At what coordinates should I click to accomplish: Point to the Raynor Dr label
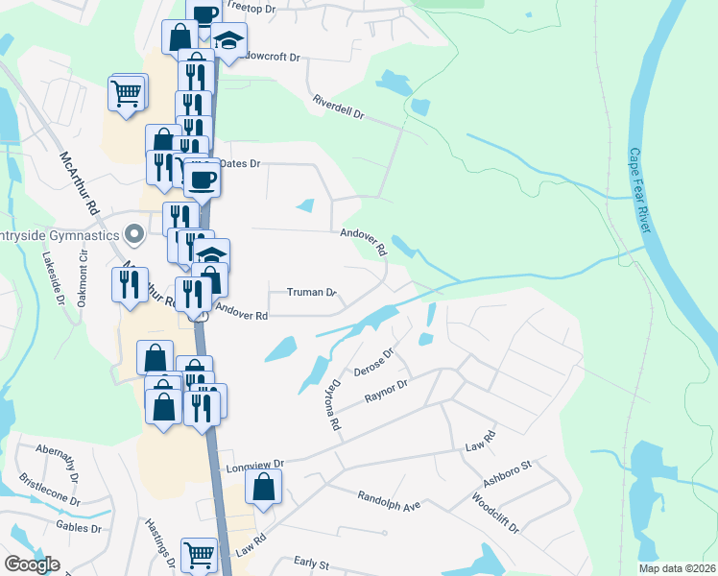[x=386, y=391]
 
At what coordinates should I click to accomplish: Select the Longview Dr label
[x=254, y=466]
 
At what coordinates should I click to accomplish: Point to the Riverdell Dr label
[x=338, y=106]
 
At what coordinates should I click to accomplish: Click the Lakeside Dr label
[x=51, y=279]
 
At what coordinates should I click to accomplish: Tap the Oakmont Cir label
[x=84, y=269]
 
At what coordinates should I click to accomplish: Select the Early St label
[x=311, y=564]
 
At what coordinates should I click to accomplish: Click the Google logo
[x=32, y=564]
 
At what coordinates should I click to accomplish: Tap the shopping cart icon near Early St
[x=199, y=552]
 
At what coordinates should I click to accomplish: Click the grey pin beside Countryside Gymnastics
[x=134, y=234]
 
